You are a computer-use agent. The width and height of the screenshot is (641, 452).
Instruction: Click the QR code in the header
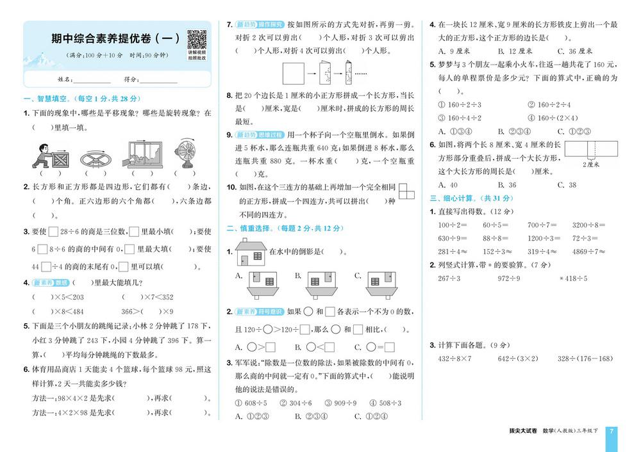click(x=195, y=38)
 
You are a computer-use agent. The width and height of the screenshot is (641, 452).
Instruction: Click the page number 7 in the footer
click(x=612, y=431)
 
